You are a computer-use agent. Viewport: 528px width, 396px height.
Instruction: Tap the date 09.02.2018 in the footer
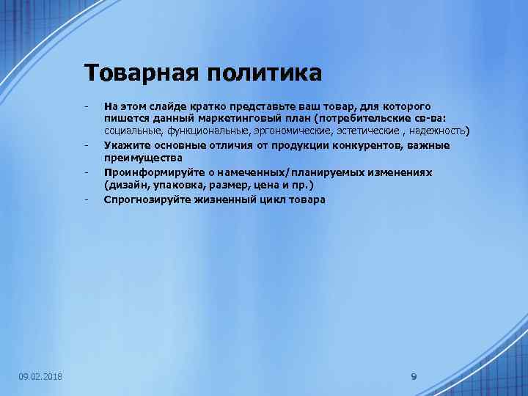(40, 377)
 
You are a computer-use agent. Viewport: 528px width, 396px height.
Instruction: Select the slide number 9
(414, 377)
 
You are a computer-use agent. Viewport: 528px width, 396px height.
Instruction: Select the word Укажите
(126, 145)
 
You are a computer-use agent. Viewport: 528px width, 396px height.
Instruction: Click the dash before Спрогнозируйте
(87, 199)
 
